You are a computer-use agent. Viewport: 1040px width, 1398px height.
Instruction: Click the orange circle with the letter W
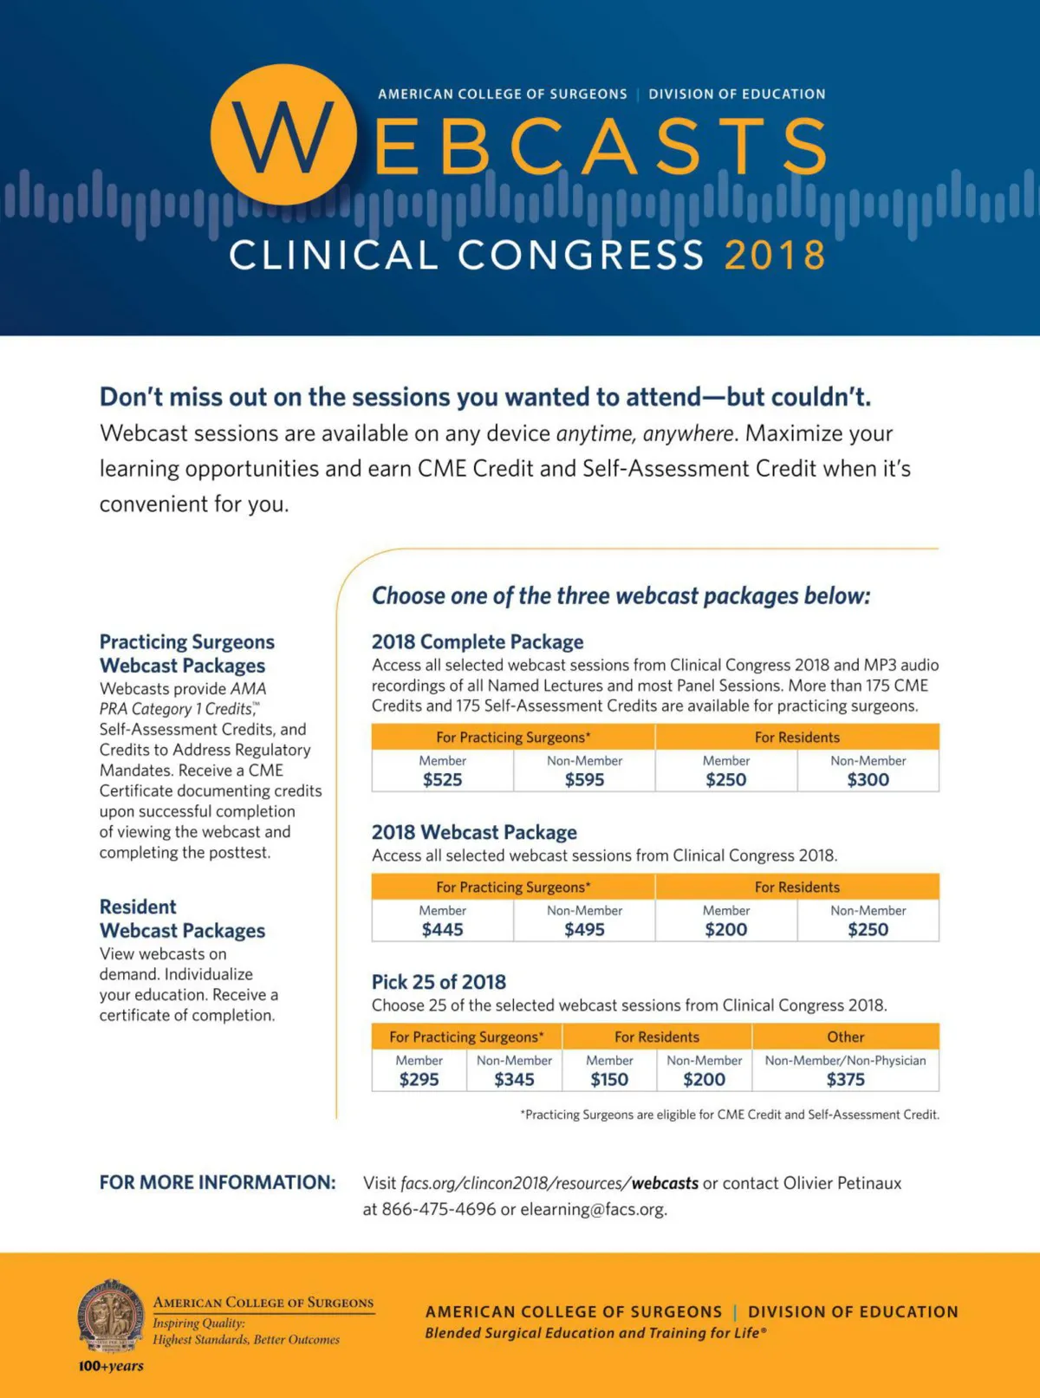pyautogui.click(x=283, y=135)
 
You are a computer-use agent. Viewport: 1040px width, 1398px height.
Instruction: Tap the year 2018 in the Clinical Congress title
pyautogui.click(x=775, y=256)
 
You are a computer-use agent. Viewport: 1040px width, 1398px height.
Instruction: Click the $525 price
pyautogui.click(x=442, y=779)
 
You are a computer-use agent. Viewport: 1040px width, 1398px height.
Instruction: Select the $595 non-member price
pyautogui.click(x=584, y=779)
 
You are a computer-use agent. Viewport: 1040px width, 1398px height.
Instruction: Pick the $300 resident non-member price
pyautogui.click(x=868, y=779)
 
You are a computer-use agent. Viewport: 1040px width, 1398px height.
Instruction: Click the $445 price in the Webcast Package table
pyautogui.click(x=442, y=929)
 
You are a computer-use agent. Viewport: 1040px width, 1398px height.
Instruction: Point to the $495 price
pyautogui.click(x=584, y=929)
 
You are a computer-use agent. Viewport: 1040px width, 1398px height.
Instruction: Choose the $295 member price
pyautogui.click(x=419, y=1079)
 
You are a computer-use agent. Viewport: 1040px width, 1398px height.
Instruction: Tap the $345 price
pyautogui.click(x=514, y=1079)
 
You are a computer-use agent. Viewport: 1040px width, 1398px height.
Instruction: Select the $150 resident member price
pyautogui.click(x=609, y=1079)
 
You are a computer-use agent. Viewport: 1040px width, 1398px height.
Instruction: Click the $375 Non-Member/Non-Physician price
pyautogui.click(x=845, y=1079)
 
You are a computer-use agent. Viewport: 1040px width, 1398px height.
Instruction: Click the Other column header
pyautogui.click(x=845, y=1037)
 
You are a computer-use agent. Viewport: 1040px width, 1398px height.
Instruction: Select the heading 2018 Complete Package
pyautogui.click(x=478, y=642)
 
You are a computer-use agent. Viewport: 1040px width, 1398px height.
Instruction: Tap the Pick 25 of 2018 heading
pyautogui.click(x=439, y=982)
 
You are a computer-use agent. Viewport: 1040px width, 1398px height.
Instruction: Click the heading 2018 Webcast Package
pyautogui.click(x=474, y=832)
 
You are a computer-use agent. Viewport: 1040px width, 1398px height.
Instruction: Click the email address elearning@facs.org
pyautogui.click(x=593, y=1209)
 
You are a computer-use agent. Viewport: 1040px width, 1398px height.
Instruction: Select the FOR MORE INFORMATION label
pyautogui.click(x=218, y=1182)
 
